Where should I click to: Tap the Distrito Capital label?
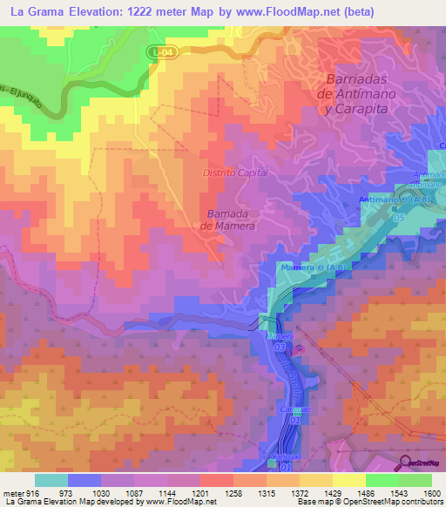(x=235, y=173)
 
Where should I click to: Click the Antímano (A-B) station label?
(x=395, y=200)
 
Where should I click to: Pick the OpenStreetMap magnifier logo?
(x=406, y=462)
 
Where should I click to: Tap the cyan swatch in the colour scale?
(x=51, y=480)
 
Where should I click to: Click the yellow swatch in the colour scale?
(x=348, y=480)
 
